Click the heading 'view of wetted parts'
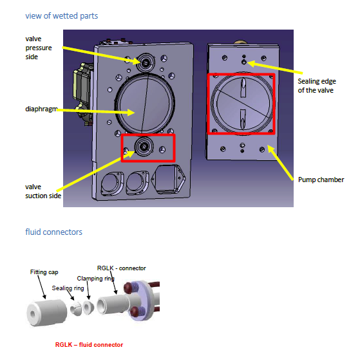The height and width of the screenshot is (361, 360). pos(62,16)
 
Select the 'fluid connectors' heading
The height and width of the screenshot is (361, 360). pos(53,232)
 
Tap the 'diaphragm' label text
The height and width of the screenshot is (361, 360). pos(41,109)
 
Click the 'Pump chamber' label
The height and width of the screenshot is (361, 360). pos(321,180)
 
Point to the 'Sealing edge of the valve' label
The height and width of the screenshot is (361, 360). pos(317,86)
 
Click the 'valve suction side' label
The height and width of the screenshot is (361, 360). pos(43,191)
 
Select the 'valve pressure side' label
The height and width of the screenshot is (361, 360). pos(39,48)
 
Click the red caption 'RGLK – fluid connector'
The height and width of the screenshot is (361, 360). pos(89,345)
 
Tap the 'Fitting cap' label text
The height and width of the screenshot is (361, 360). pos(44,272)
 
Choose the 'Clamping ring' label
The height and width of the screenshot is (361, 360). pos(95,279)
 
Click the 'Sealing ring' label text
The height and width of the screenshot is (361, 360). pos(68,288)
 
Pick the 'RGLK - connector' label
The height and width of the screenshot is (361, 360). pos(122,268)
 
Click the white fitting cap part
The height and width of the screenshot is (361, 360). pos(47,313)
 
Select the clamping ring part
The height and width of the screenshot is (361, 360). pos(88,308)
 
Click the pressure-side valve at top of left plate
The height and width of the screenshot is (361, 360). pos(145,62)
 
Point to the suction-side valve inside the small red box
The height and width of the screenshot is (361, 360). pos(144,146)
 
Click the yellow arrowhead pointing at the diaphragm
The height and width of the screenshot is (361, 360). pos(131,113)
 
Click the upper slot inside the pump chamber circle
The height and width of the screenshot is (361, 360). pos(243,88)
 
